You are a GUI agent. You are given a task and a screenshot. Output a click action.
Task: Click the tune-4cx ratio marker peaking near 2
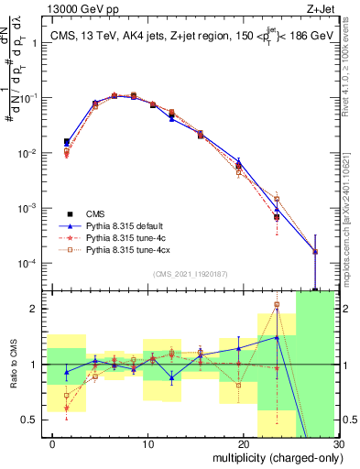pyautogui.click(x=277, y=305)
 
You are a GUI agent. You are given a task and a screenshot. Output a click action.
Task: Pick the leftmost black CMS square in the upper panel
pyautogui.click(x=66, y=142)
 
